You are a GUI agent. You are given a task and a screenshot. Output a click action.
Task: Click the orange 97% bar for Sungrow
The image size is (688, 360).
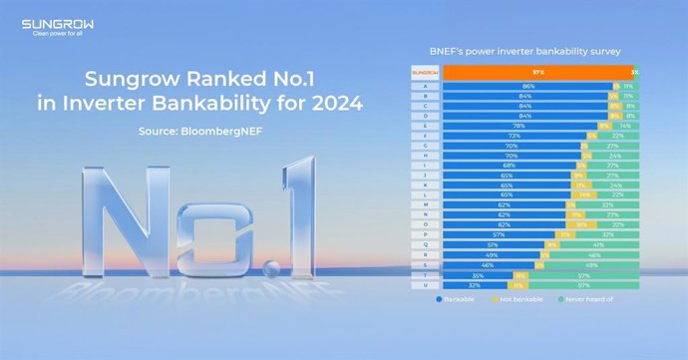coord(535,73)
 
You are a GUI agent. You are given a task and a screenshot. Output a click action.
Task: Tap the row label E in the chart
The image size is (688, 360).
coord(426,127)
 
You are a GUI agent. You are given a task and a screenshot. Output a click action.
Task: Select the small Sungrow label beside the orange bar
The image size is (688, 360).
coord(426,73)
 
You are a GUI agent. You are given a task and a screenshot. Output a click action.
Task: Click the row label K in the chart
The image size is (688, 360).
coord(426,185)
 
